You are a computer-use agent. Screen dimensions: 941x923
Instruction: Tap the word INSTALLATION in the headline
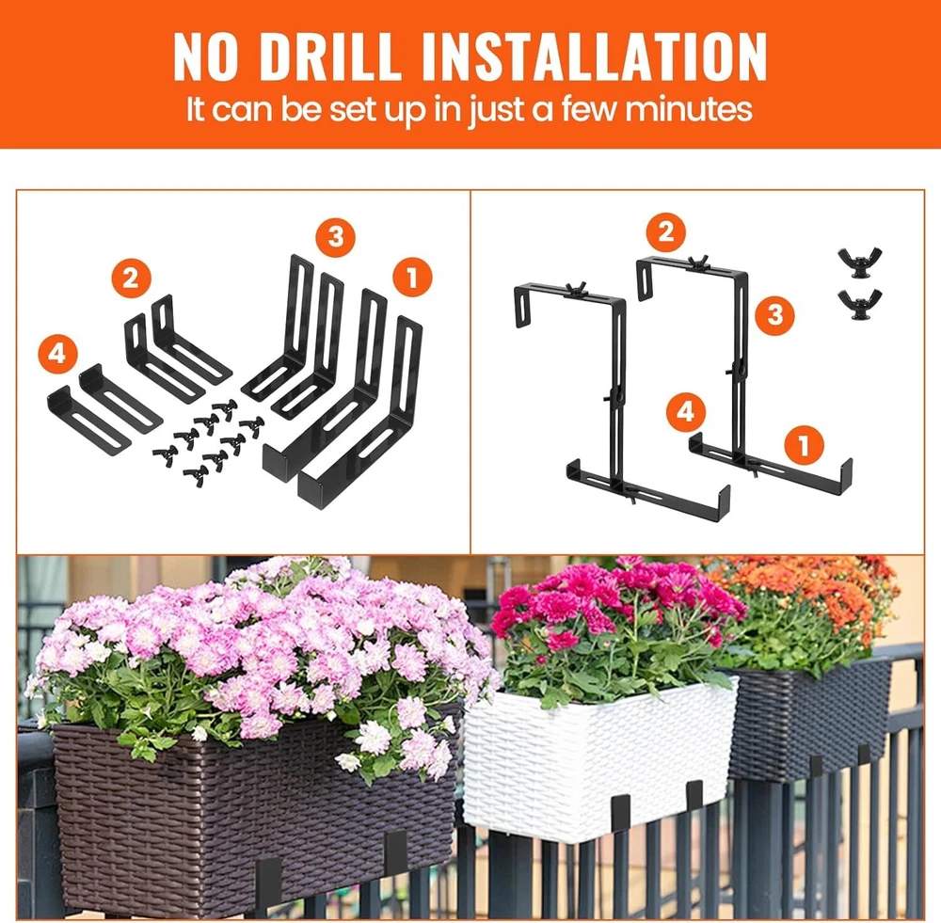click(595, 56)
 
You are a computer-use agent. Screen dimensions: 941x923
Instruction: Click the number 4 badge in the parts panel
click(57, 354)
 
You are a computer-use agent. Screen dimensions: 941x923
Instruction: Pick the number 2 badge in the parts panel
click(131, 278)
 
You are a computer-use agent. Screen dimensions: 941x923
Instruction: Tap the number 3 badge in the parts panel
click(336, 237)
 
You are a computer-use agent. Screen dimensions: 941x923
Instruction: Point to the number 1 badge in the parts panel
click(412, 278)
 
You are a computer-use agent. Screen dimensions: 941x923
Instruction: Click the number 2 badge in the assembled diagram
click(665, 231)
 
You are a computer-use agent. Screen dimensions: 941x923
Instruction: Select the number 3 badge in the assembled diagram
click(774, 314)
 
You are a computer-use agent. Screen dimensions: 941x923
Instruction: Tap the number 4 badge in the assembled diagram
click(686, 412)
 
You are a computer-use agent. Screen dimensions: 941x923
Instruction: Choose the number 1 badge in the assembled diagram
click(804, 445)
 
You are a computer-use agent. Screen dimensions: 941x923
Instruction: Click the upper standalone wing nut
click(860, 261)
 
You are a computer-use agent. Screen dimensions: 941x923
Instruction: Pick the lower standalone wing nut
click(860, 305)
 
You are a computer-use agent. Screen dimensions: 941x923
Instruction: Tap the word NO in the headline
click(206, 56)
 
